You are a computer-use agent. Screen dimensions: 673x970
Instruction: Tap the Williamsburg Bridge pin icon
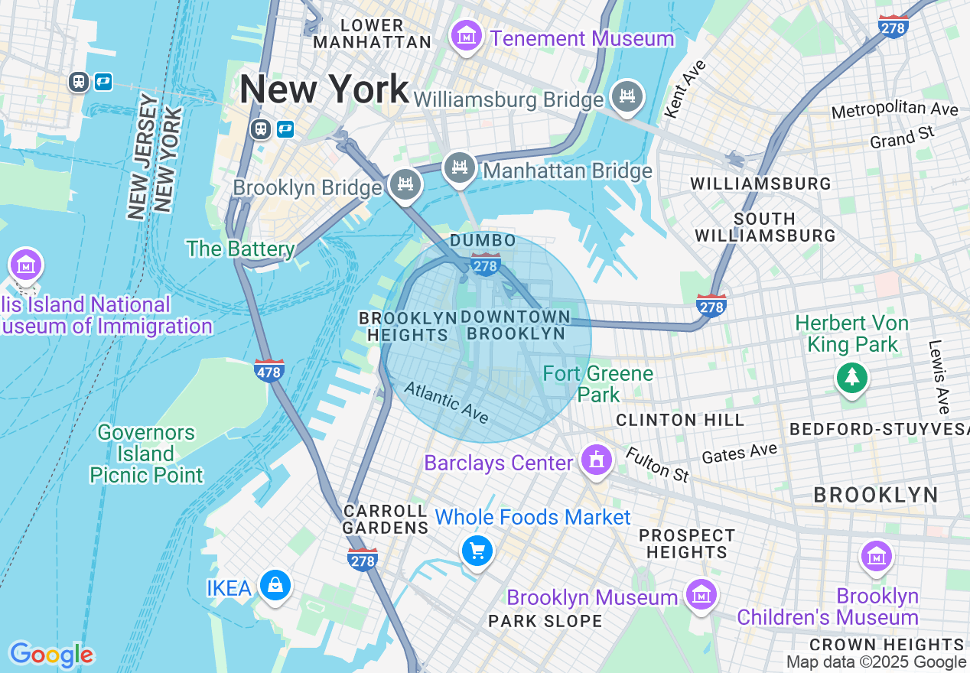tap(627, 96)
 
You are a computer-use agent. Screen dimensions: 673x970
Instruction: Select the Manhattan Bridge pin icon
tap(459, 167)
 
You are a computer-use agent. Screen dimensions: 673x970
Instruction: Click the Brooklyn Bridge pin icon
tap(405, 184)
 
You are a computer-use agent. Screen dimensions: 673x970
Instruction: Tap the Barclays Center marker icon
tap(596, 460)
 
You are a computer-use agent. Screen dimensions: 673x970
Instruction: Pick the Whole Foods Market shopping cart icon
tap(477, 550)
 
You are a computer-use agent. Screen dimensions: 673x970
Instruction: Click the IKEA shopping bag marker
tap(275, 586)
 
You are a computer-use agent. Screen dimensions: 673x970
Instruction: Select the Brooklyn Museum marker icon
tap(700, 593)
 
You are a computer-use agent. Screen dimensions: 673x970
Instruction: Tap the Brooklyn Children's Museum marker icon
tap(877, 556)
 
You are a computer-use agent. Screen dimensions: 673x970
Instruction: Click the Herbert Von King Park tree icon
tap(851, 376)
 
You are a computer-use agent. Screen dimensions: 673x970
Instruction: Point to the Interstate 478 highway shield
tap(269, 370)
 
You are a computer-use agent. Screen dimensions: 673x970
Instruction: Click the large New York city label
tap(324, 89)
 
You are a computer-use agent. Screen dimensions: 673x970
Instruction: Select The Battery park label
tap(241, 249)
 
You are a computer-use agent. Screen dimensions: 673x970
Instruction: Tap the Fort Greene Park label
tap(598, 384)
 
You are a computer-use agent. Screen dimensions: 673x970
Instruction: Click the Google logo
tap(51, 655)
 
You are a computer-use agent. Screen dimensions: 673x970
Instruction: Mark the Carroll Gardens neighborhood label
tap(385, 519)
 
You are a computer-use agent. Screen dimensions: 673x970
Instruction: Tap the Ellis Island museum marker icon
tap(26, 265)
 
